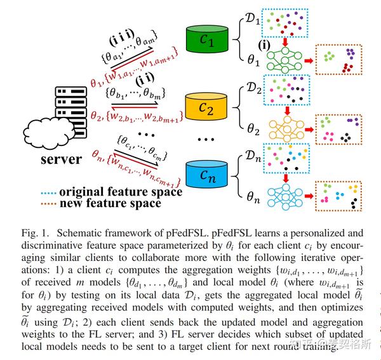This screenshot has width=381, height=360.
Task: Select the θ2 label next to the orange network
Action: [x=252, y=130]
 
